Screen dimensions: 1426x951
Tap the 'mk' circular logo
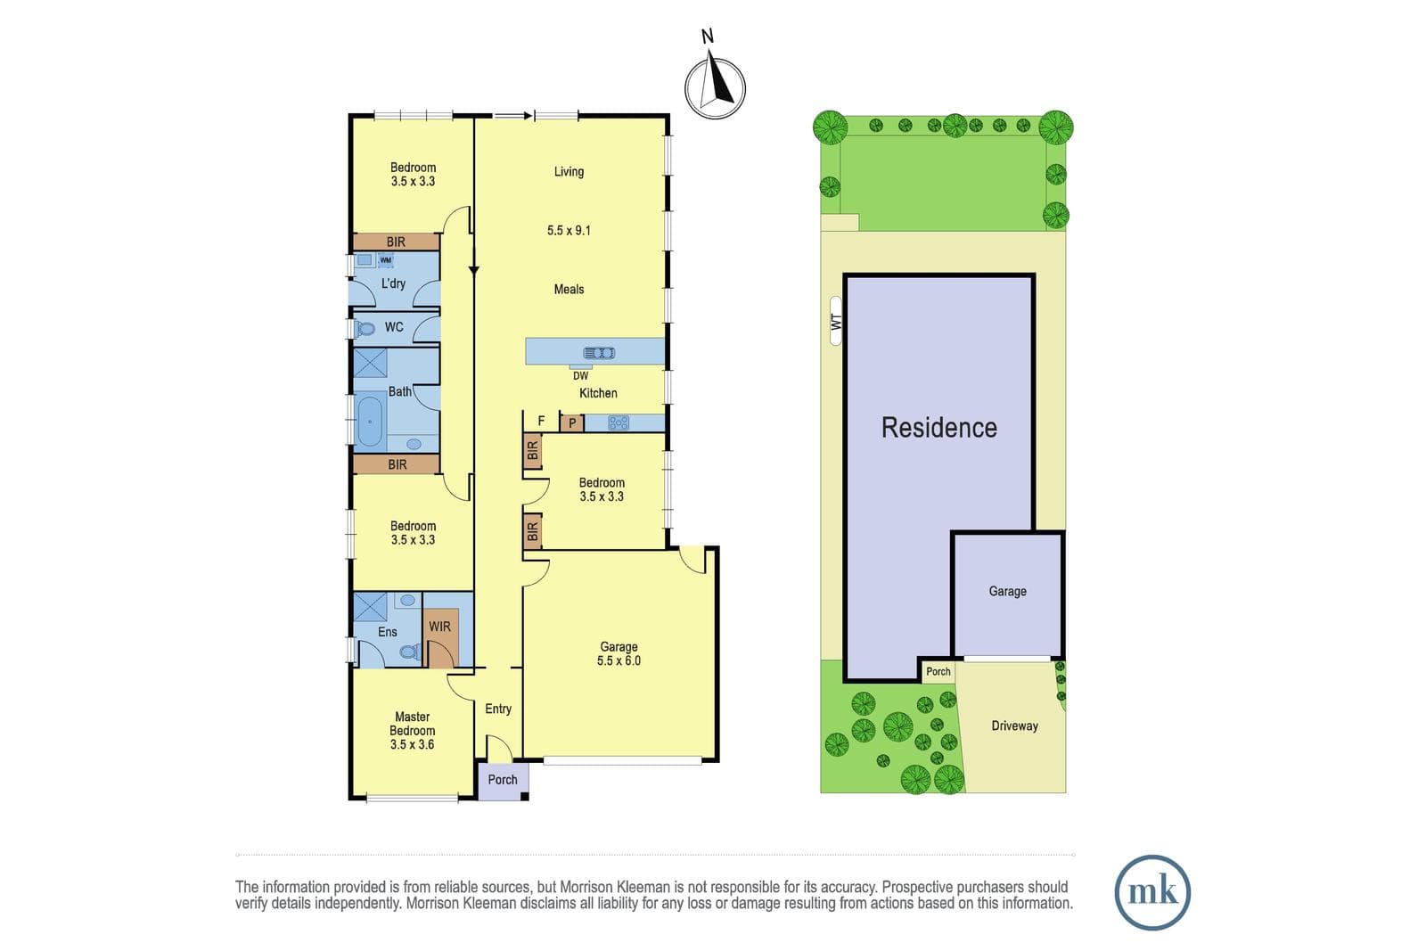(x=1152, y=892)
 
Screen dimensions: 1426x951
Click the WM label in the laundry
(x=385, y=259)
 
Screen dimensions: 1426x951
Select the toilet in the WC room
(x=365, y=329)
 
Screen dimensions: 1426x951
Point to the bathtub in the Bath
(x=370, y=421)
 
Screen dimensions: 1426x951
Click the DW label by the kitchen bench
(x=580, y=376)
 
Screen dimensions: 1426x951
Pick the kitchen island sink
(x=599, y=353)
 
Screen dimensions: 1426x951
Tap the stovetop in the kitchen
(x=619, y=422)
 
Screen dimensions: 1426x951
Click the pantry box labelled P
(x=572, y=422)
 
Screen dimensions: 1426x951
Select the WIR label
(x=440, y=627)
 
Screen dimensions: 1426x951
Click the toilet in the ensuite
(x=409, y=652)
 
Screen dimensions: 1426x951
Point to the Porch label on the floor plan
(x=503, y=779)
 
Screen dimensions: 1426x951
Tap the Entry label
(x=498, y=709)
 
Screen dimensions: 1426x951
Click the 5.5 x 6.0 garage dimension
(x=619, y=660)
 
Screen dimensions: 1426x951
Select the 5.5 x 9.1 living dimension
(x=570, y=231)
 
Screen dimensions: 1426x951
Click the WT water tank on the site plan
(x=836, y=321)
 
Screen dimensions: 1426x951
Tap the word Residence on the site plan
(x=939, y=428)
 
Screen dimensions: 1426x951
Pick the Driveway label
(x=1015, y=726)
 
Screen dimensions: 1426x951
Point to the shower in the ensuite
(x=370, y=607)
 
